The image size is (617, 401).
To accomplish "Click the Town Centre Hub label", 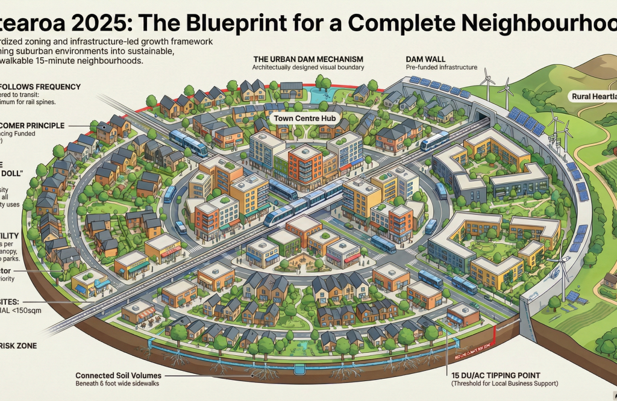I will (299, 118).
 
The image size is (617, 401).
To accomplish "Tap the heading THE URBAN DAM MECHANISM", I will (308, 59).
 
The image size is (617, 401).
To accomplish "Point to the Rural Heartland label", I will (594, 96).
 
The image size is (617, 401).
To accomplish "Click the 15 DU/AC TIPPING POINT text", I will (503, 374).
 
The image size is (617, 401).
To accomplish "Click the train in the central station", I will (299, 204).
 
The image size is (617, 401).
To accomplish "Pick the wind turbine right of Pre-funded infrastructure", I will (487, 81).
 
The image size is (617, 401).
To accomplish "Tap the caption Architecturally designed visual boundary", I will (309, 67).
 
